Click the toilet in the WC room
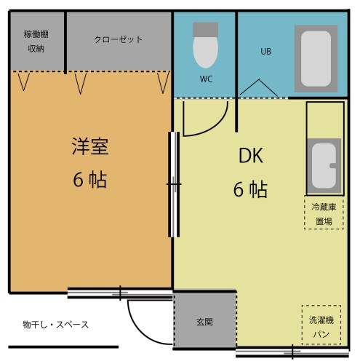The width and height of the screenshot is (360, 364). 204,45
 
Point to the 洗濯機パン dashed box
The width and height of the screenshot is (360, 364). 321,324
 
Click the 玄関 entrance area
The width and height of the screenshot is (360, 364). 204,321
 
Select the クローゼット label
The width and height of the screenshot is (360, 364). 118,39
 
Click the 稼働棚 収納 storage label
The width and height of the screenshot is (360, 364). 36,41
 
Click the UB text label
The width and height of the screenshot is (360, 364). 265,52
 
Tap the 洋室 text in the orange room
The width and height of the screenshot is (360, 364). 89,146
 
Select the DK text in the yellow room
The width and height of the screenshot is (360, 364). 251,157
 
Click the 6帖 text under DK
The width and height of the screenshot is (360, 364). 249,190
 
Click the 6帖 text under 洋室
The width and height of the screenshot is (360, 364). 89,180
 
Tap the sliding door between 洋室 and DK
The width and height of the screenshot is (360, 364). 174,184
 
